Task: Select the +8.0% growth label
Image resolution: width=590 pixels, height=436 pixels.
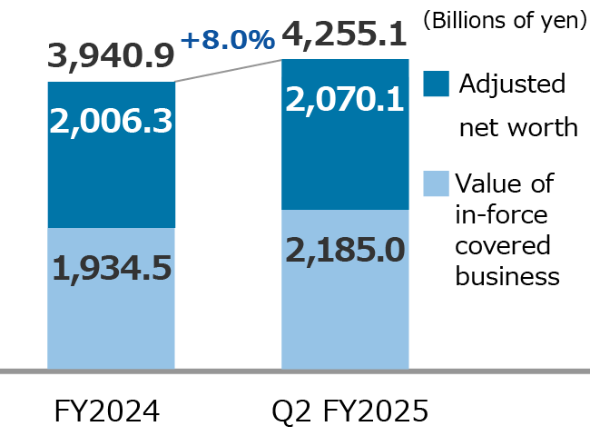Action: [227, 39]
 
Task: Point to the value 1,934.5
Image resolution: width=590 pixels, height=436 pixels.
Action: [111, 269]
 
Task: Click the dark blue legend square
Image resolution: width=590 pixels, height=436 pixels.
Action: [436, 84]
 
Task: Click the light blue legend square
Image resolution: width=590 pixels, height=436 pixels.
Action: [436, 183]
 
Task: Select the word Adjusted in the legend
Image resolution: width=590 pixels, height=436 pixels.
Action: [512, 84]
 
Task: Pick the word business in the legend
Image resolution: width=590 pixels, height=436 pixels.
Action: [508, 277]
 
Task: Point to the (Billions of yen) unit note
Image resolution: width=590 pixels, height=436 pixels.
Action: [504, 19]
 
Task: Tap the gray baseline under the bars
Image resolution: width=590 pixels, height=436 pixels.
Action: [295, 371]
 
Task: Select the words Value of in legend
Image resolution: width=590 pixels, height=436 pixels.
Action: [504, 184]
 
